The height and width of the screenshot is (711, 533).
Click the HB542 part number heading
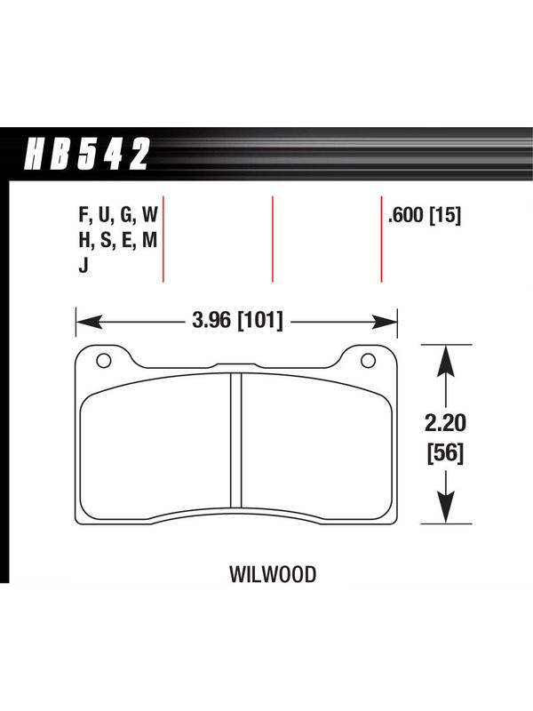tap(87, 154)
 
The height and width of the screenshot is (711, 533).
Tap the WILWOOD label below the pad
tap(273, 574)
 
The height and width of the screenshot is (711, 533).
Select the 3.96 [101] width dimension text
tap(237, 321)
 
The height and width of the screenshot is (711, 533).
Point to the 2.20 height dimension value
tap(446, 423)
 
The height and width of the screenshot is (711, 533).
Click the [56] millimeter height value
tap(446, 452)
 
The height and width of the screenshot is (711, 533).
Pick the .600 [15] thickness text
tap(425, 215)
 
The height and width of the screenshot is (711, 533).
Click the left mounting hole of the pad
tap(103, 361)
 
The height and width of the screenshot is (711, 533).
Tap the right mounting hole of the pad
tap(368, 361)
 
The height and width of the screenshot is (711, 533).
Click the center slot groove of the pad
tap(235, 440)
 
